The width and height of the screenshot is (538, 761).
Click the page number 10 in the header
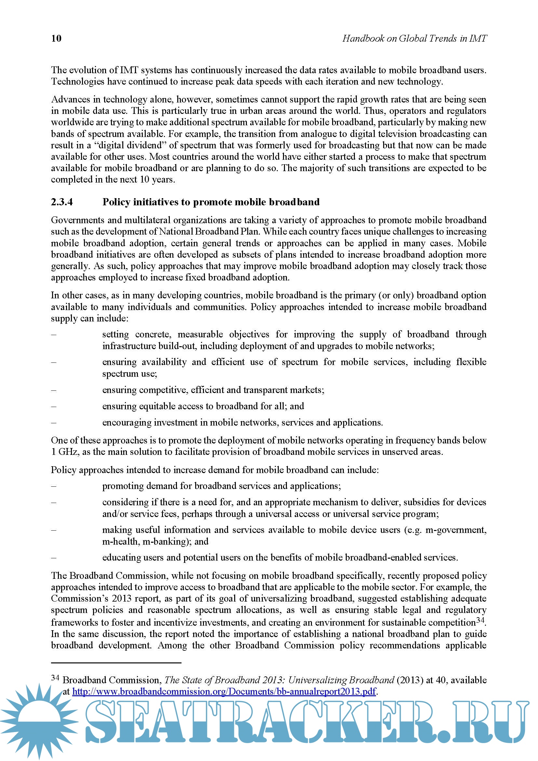(56, 38)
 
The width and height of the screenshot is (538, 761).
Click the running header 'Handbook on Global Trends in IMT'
(414, 38)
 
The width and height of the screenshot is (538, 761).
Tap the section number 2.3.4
(62, 202)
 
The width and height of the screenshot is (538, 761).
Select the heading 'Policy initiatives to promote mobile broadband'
(211, 202)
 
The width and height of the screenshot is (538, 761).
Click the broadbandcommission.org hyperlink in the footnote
(224, 691)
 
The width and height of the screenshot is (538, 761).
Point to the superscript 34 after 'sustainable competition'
(480, 619)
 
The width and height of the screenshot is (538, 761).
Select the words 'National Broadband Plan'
(209, 231)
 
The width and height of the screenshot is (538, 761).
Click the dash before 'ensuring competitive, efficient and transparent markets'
(54, 390)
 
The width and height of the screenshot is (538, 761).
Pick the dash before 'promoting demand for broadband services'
(54, 486)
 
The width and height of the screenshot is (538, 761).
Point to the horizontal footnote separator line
(116, 662)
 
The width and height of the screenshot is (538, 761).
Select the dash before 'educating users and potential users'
(54, 558)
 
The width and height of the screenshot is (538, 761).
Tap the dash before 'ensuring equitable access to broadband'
(54, 406)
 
